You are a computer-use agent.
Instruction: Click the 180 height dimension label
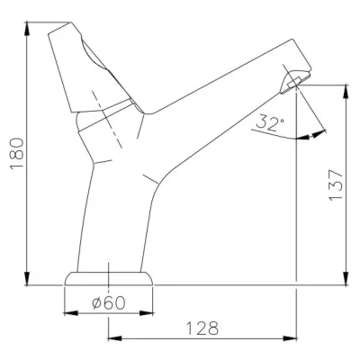click(17, 154)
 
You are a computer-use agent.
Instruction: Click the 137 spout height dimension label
click(336, 185)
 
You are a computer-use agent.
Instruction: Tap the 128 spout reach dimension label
click(202, 328)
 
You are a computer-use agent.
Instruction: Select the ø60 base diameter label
click(108, 302)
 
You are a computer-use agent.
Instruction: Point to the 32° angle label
click(270, 122)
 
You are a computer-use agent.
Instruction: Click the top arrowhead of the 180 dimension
click(27, 30)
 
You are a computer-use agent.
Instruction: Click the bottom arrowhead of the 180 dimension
click(27, 278)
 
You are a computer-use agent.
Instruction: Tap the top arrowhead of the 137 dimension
click(346, 92)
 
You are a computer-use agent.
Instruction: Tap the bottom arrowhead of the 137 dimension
click(346, 278)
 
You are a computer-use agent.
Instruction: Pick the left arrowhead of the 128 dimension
click(115, 338)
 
